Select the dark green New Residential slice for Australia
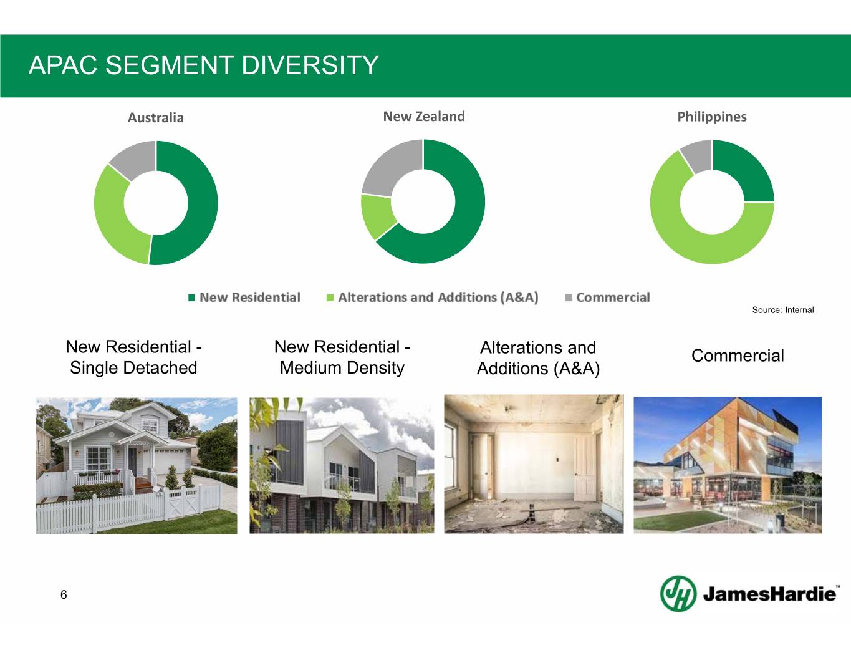pos(200,204)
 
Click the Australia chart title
pos(155,117)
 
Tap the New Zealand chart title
pos(424,117)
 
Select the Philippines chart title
pos(712,117)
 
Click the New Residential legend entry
pos(244,298)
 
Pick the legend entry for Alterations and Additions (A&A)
pos(432,298)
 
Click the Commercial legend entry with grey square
pos(607,298)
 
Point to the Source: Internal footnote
pos(783,310)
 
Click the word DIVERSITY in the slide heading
pos(310,65)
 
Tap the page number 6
pos(64,594)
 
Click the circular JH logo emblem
pos(678,593)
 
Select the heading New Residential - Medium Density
pos(342,357)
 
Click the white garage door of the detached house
pos(170,463)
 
